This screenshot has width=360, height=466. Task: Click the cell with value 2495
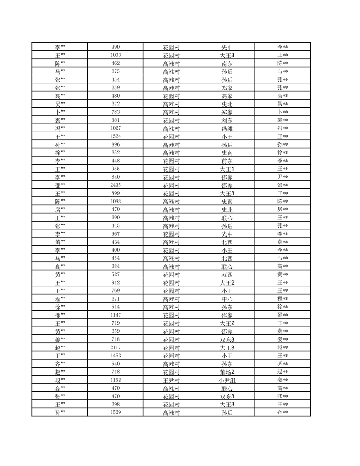[116, 185]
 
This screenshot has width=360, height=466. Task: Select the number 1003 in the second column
[116, 55]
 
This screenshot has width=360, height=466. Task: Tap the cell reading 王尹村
[171, 380]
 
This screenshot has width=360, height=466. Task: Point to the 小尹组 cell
[227, 380]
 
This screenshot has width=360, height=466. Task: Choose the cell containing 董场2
[227, 372]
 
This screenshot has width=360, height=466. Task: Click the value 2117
[116, 348]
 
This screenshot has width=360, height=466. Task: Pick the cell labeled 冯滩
[227, 128]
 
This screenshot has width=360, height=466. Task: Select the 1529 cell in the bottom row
[116, 412]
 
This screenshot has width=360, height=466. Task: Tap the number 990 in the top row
[116, 47]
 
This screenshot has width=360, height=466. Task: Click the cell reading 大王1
[227, 169]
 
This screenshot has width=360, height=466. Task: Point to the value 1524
[116, 136]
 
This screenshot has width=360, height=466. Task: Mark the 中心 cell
[227, 299]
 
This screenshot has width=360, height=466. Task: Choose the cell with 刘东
[227, 120]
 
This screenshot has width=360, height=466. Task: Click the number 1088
[116, 201]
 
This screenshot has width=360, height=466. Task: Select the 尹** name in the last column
[283, 177]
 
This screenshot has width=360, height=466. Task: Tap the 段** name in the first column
[60, 380]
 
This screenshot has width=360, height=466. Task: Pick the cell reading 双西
[227, 274]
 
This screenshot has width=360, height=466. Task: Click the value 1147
[116, 315]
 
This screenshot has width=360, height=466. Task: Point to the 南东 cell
[227, 64]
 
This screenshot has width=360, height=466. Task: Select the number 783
[116, 112]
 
